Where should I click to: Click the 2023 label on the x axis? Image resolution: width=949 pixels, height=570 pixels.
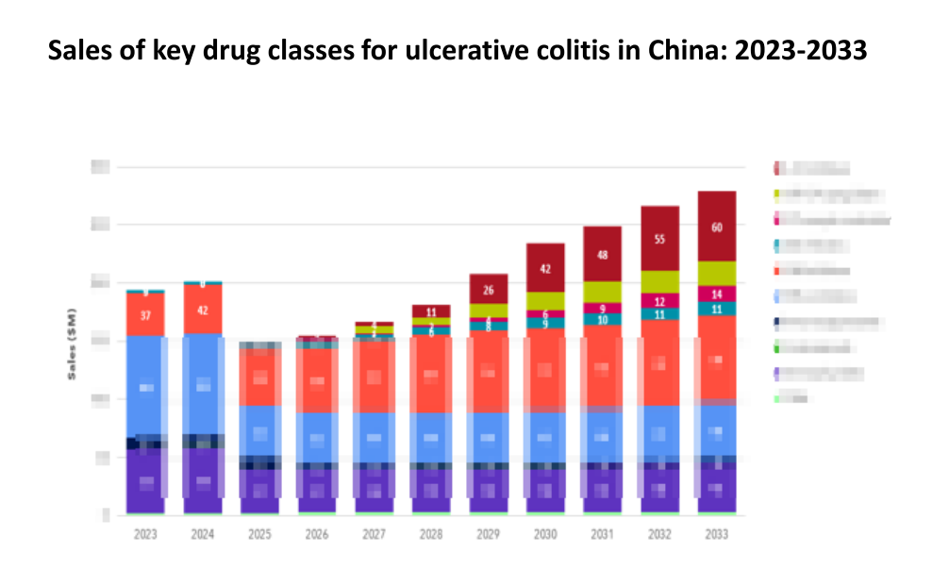coord(145,533)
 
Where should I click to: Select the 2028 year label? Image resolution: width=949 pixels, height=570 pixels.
coord(431,533)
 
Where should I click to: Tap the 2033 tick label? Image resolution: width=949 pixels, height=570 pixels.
coord(717,533)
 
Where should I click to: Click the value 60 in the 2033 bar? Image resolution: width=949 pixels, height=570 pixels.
coord(717,227)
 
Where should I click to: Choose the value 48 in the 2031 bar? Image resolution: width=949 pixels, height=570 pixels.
coord(602,255)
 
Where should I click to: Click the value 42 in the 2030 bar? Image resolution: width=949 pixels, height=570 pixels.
coord(545,269)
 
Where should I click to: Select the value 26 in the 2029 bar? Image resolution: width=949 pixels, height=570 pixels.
coord(488,290)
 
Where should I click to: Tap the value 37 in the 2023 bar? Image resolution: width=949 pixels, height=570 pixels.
coord(145,315)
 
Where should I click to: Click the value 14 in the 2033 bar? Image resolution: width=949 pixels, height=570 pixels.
coord(717,293)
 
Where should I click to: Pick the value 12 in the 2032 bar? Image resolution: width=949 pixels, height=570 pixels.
coord(659,301)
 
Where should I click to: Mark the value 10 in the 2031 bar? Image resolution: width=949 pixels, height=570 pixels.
coord(602,319)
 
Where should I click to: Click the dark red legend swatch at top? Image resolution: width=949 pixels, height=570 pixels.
coord(777,169)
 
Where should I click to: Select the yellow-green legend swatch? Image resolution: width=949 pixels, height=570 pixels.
coord(777,194)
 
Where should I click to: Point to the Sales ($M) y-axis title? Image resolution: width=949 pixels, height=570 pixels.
coord(72,344)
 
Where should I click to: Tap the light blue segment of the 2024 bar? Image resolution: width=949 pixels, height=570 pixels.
coord(203,384)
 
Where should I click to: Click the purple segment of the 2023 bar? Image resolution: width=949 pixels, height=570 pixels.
coord(145,481)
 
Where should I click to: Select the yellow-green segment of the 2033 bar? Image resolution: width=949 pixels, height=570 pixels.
coord(717,273)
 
